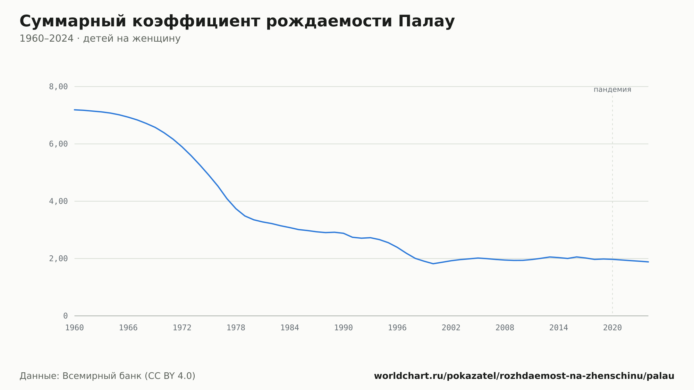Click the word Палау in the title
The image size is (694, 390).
(426, 22)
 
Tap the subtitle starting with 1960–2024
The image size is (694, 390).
(100, 39)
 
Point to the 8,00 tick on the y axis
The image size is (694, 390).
(58, 87)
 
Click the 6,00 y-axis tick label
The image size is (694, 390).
(58, 144)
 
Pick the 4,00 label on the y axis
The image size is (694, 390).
(58, 201)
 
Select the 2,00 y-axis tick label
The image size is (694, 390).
(58, 258)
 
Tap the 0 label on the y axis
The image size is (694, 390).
(65, 316)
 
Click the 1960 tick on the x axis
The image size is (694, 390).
(75, 328)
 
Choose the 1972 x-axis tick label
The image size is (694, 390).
(182, 328)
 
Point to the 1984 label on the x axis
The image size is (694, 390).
(290, 328)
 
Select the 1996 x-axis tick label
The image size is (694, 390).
(397, 328)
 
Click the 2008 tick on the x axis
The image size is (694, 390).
(505, 328)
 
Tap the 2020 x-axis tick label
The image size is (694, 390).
(612, 328)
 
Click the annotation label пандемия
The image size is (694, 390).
(612, 90)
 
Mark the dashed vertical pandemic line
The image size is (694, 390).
(612, 205)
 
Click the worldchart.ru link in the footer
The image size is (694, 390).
(524, 376)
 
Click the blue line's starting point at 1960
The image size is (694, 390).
(75, 110)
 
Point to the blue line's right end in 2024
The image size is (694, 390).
(648, 262)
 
